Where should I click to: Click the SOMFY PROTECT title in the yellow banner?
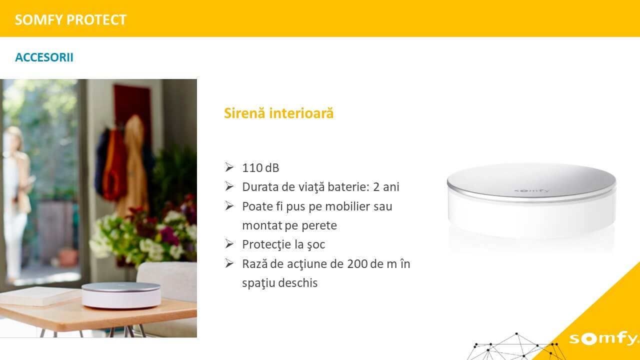tap(70, 19)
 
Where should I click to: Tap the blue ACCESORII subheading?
tap(44, 57)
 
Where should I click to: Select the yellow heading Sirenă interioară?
tap(279, 113)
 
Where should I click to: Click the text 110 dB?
tap(260, 168)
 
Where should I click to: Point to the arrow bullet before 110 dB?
tap(229, 167)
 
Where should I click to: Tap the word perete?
tap(319, 225)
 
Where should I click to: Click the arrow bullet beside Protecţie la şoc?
tap(229, 243)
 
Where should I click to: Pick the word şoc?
tap(316, 245)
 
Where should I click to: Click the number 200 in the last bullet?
tap(357, 264)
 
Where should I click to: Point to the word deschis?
tap(298, 283)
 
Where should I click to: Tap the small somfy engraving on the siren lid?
tap(531, 190)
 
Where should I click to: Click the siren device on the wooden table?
tap(121, 295)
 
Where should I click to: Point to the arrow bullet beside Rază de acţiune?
tap(229, 263)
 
